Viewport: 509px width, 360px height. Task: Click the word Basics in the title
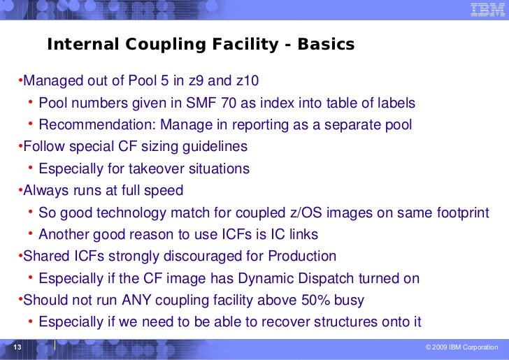pyautogui.click(x=326, y=45)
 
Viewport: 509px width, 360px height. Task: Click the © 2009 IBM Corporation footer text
pyautogui.click(x=461, y=348)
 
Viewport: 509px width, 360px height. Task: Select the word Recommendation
pyautogui.click(x=96, y=125)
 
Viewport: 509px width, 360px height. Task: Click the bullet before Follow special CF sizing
pyautogui.click(x=20, y=147)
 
